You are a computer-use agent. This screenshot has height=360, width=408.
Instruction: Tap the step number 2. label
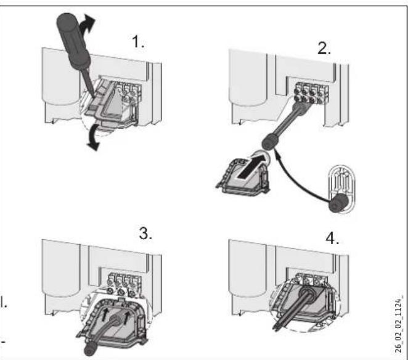pos(324,49)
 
